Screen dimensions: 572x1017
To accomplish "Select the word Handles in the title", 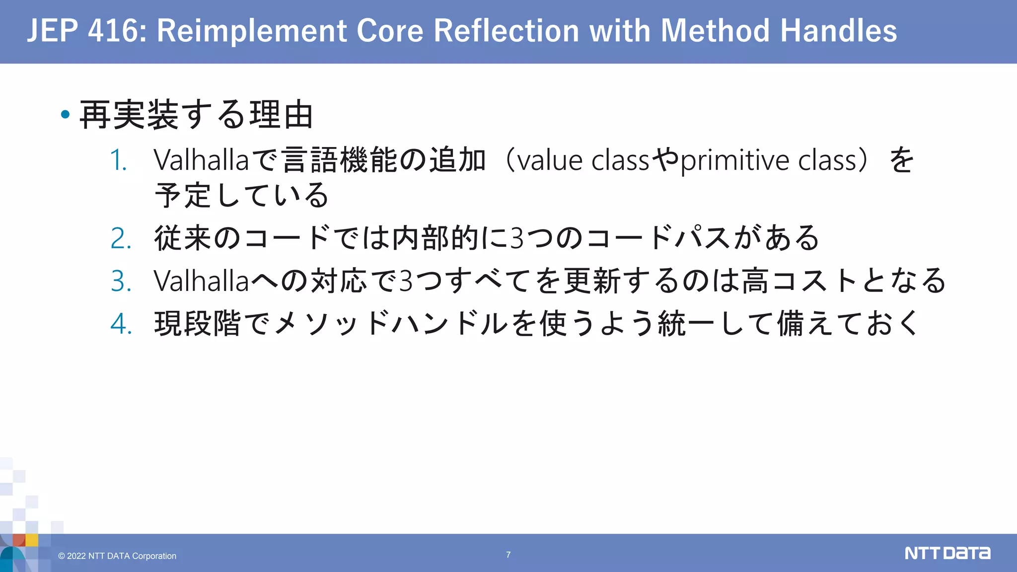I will [839, 31].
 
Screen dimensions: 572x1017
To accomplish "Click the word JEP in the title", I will [52, 31].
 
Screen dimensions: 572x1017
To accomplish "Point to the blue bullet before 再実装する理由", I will [65, 115].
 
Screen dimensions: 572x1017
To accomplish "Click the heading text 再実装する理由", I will [196, 115].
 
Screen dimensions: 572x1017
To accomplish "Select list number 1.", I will [119, 160].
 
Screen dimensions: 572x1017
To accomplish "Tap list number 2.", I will [121, 238].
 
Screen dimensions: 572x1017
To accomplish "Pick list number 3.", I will [121, 281].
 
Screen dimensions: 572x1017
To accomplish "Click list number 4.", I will [121, 324].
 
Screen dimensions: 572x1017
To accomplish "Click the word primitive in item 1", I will [736, 160].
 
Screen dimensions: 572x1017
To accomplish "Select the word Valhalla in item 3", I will [201, 281].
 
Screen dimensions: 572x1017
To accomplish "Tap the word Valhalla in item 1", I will [201, 160].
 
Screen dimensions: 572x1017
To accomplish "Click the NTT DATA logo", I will [947, 553].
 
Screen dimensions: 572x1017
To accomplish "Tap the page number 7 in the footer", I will [508, 555].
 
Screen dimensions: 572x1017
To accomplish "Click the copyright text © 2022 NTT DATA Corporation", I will [117, 556].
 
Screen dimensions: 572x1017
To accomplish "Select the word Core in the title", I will [390, 31].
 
